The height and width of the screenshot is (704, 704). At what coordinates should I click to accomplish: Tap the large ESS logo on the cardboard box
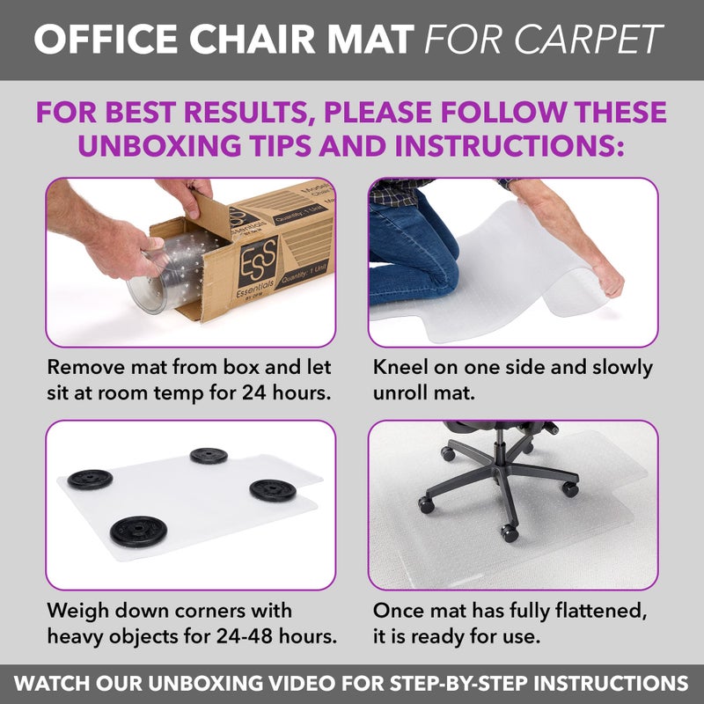(x=257, y=255)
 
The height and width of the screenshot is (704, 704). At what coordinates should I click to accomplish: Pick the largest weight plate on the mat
(x=139, y=531)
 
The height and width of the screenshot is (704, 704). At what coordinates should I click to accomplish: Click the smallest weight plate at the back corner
(x=209, y=455)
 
